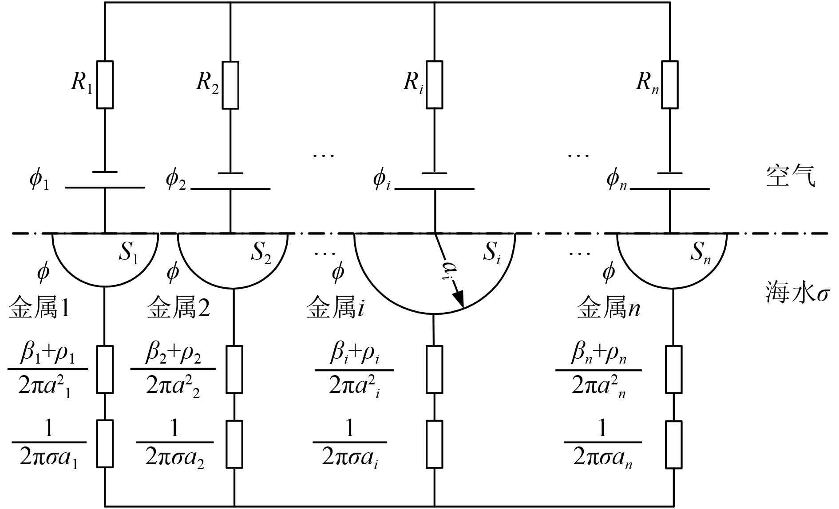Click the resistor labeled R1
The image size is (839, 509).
coord(105,85)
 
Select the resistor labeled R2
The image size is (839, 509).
coord(230,85)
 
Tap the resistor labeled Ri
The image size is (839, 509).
coord(434,85)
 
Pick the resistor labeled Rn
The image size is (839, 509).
coord(669,85)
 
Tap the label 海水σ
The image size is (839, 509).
coord(797,293)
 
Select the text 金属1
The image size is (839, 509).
coord(39,308)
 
